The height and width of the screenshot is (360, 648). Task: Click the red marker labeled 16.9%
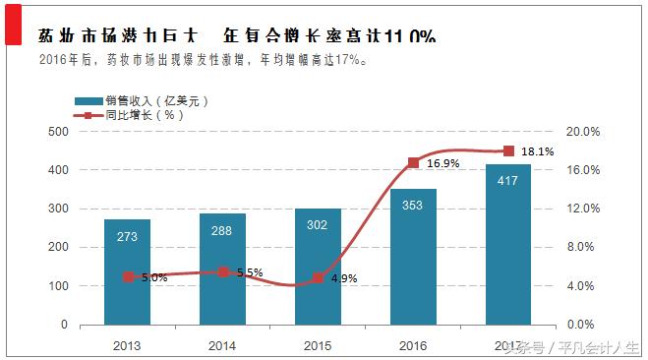coord(413,162)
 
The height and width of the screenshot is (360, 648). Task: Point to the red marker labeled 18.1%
coord(508,150)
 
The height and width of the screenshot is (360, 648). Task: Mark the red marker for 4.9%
coord(318,277)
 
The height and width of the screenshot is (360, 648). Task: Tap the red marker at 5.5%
coord(223,271)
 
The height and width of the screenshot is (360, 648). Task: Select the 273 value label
coord(128,236)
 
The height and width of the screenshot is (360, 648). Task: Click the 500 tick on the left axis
coord(57,131)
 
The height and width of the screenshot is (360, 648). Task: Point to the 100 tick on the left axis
coord(57,286)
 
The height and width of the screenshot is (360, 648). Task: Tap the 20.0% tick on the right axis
coord(585,131)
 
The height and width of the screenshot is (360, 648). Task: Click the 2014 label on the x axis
coord(223,343)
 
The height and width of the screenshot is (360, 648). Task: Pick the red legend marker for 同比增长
coord(88,115)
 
